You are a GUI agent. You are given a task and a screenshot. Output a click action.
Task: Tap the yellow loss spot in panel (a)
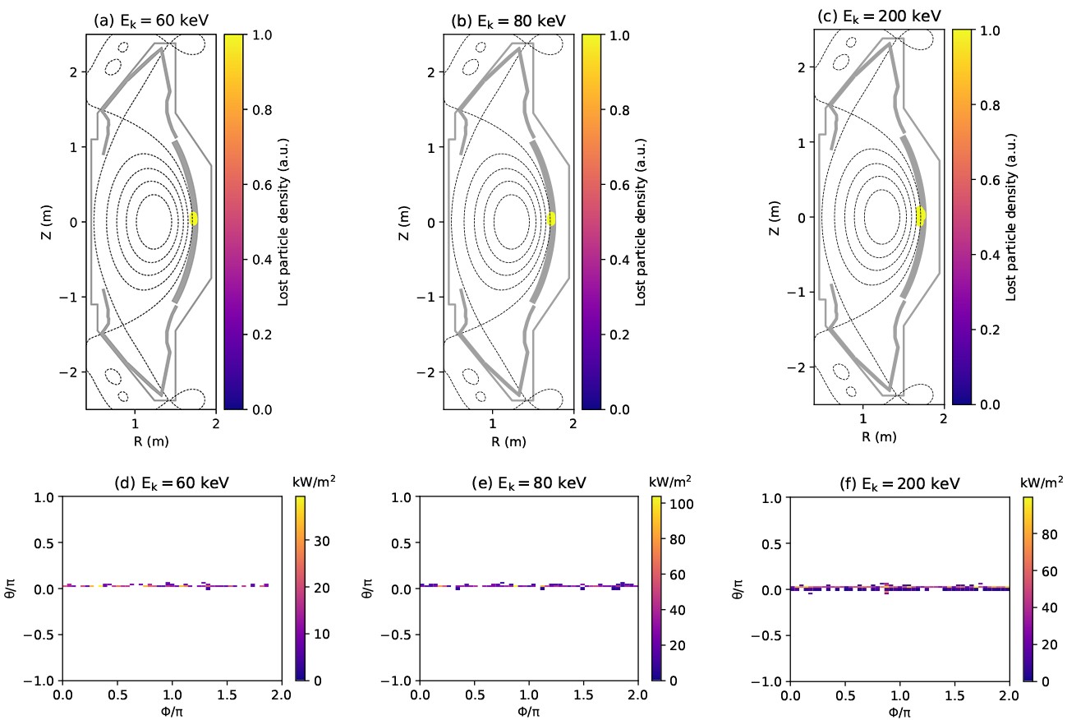click(x=195, y=219)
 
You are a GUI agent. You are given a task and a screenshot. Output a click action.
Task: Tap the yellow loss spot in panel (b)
click(x=552, y=219)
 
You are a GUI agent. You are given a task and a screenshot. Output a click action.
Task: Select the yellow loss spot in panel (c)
click(x=921, y=215)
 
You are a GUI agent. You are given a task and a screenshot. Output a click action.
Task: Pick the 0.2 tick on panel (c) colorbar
click(x=990, y=330)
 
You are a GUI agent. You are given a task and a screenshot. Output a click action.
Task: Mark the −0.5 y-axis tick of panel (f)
click(x=768, y=635)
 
